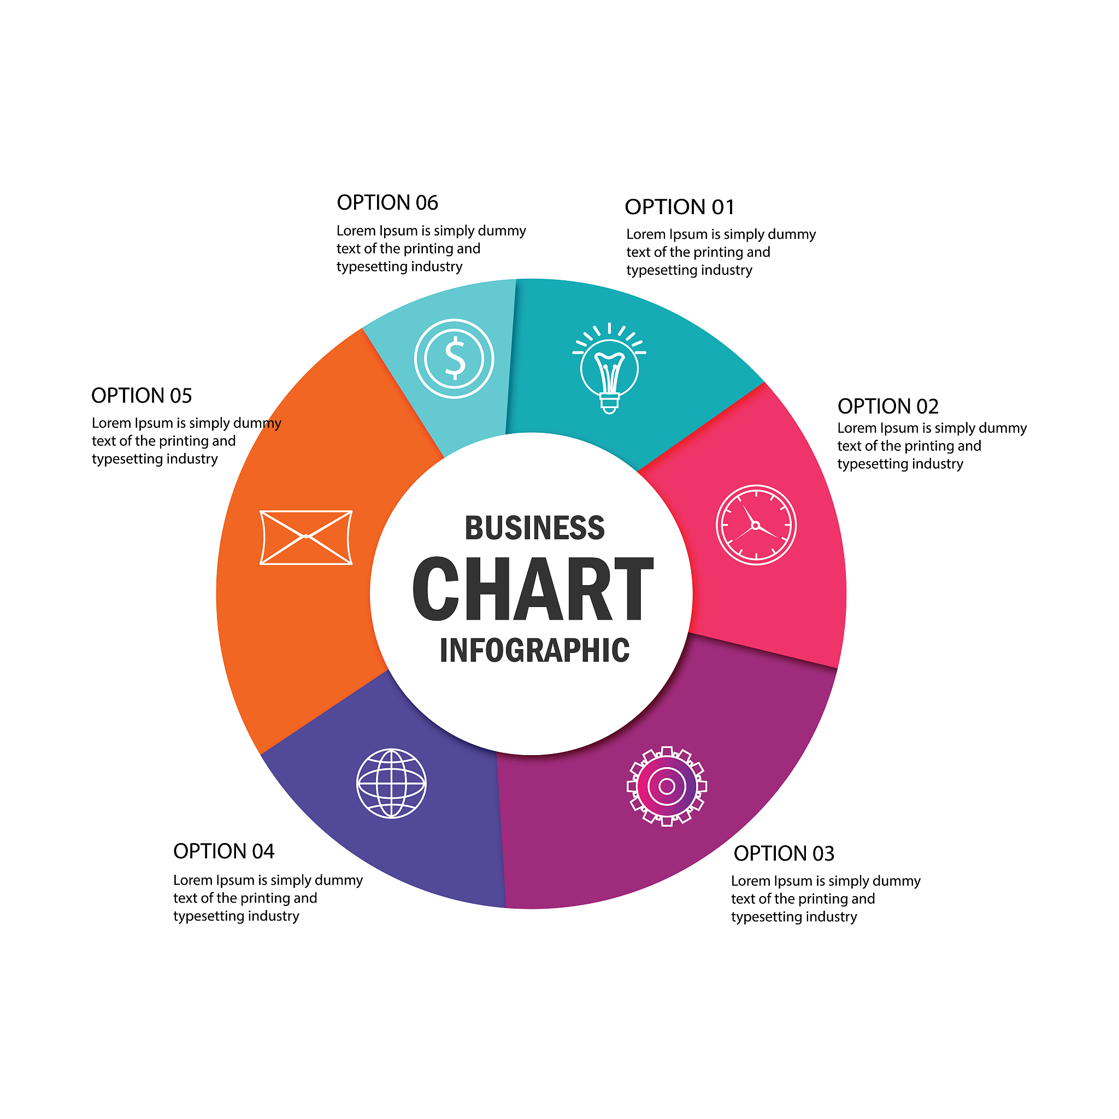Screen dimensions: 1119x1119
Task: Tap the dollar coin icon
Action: tap(454, 358)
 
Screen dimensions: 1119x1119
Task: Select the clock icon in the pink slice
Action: tap(756, 525)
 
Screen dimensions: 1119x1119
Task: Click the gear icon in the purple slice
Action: tap(667, 786)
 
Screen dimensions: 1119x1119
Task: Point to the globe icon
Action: tap(391, 783)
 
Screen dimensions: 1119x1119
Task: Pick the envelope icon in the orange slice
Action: tap(306, 537)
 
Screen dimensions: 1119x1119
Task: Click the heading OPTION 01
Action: tap(679, 207)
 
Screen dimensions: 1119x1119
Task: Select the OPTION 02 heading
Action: tap(888, 406)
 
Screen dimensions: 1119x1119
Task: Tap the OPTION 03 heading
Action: tap(784, 853)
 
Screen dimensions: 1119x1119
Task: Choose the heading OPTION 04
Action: tap(223, 851)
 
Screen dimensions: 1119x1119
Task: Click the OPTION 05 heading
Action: tap(142, 396)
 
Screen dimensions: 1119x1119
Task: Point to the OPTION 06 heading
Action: tap(387, 203)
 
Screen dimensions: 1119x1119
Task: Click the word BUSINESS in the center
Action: tap(534, 528)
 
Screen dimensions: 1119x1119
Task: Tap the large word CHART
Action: tap(533, 588)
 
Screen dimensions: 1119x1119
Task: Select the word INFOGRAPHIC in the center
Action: tap(534, 650)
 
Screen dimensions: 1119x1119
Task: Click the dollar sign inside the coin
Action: tap(455, 358)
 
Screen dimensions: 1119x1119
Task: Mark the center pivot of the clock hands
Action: tap(755, 525)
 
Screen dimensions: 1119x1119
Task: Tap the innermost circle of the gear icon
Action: tap(667, 786)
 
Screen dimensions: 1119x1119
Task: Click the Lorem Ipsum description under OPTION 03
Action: tap(826, 899)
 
